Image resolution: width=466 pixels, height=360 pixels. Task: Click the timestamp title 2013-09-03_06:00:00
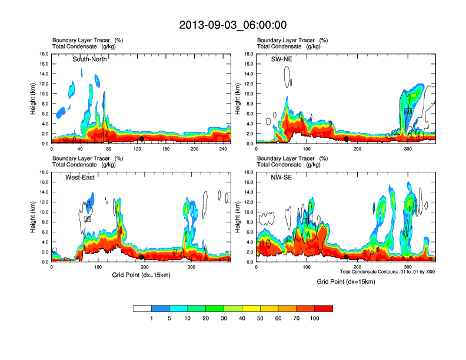tap(232, 25)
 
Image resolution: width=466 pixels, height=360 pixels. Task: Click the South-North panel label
tap(90, 59)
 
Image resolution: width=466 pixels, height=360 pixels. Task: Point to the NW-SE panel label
tap(282, 178)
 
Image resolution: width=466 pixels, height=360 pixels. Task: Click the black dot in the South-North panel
tap(141, 139)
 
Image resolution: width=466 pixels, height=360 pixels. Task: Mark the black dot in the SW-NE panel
tap(347, 139)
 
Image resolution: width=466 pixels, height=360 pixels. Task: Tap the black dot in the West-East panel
tap(141, 257)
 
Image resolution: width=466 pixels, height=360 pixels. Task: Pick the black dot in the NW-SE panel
tap(346, 257)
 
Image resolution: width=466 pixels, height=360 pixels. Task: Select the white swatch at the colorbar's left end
tap(142, 308)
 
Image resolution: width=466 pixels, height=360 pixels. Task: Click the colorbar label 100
tap(315, 318)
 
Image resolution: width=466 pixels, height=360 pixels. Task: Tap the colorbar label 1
tap(152, 318)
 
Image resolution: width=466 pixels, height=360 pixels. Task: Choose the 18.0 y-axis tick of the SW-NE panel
tap(249, 54)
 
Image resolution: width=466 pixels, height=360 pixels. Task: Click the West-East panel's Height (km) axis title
tap(34, 217)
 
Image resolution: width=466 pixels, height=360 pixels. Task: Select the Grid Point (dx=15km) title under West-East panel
tap(141, 275)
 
